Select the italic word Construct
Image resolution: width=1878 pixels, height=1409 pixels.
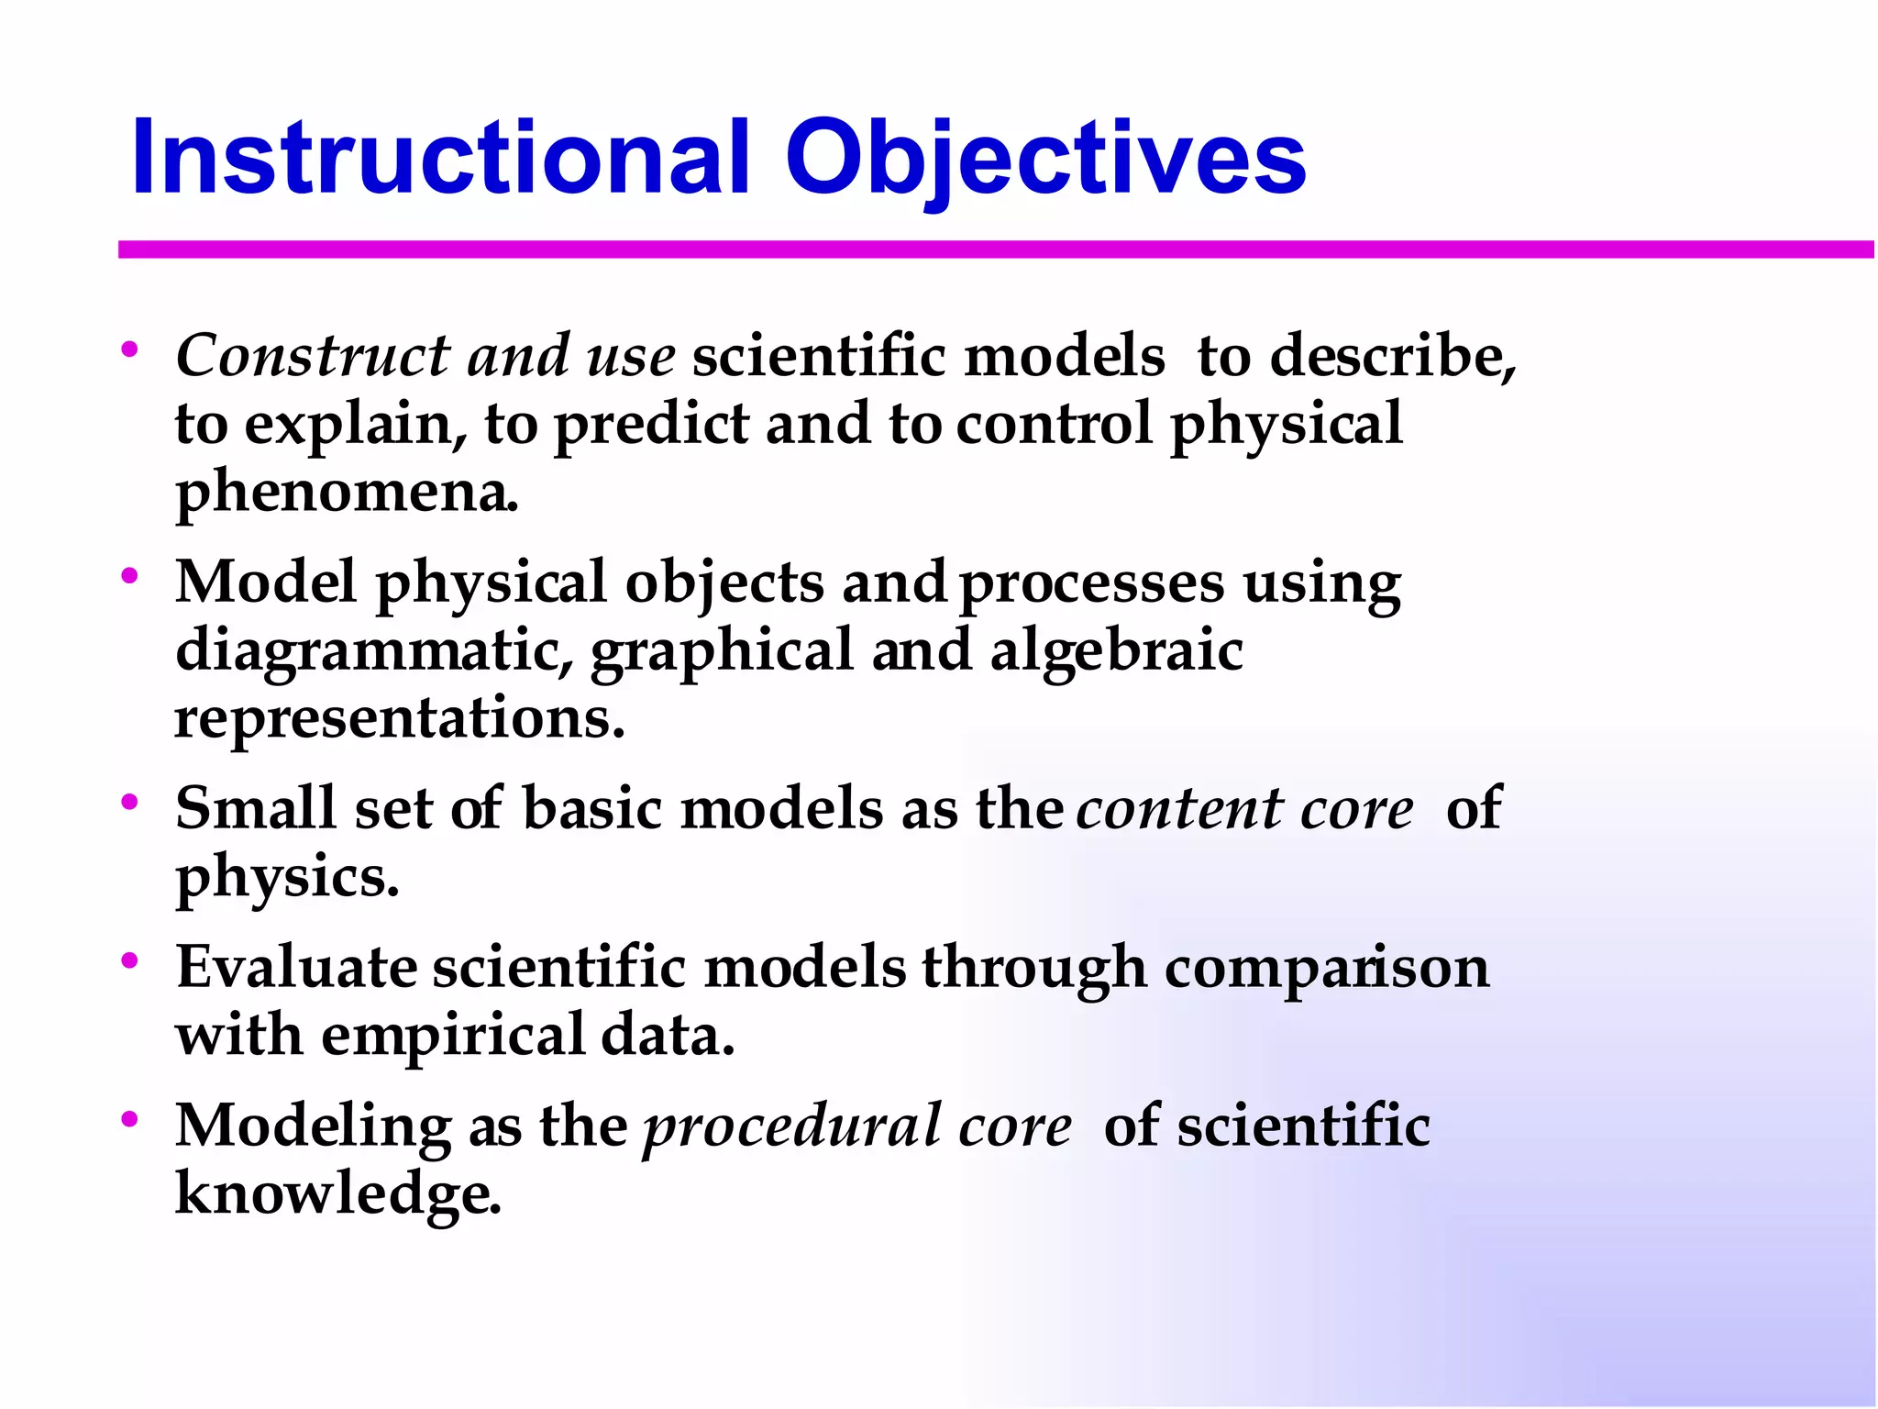tap(312, 356)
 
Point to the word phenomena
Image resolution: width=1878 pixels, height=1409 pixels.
tap(346, 494)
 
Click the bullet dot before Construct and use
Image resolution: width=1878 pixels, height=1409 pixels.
tap(129, 349)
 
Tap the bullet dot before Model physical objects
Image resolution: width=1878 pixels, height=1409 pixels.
tap(129, 575)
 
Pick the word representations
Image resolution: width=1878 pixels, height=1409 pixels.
tap(399, 717)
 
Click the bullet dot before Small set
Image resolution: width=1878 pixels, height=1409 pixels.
tap(129, 802)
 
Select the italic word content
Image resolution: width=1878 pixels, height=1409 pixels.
tap(1177, 809)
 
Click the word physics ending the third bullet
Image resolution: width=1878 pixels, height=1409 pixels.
tap(286, 879)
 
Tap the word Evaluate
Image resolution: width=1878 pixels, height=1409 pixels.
tap(296, 967)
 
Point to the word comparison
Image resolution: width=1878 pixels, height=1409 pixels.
tap(1326, 969)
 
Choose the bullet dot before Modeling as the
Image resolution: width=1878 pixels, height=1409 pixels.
tap(129, 1119)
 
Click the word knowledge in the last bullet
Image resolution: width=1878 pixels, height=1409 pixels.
tap(337, 1194)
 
